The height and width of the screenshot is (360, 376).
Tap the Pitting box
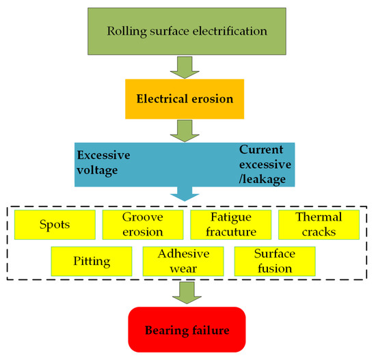click(x=91, y=261)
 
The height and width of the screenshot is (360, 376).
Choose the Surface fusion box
click(x=274, y=261)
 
